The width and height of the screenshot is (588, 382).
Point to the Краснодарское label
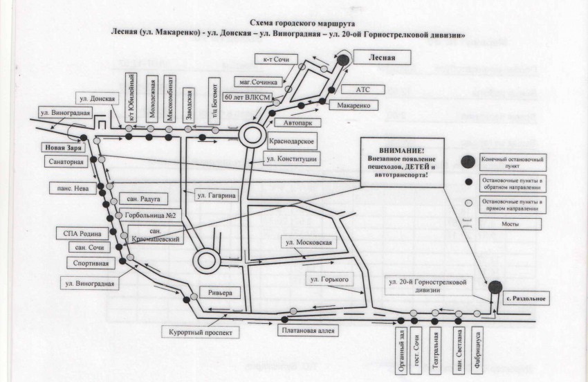point(293,141)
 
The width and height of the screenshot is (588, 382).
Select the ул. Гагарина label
point(217,196)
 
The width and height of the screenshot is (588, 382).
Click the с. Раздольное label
point(525,298)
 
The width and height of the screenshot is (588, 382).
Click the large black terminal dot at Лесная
point(343,61)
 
